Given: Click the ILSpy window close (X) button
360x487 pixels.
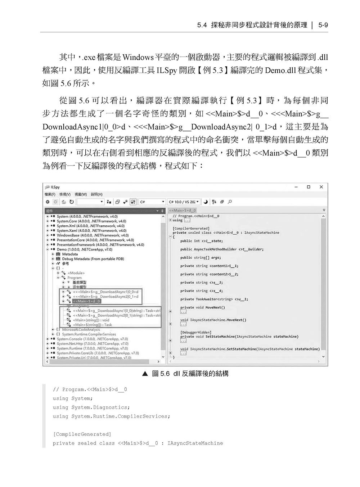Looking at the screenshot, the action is pyautogui.click(x=321, y=187).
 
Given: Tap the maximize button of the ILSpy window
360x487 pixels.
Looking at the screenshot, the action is pyautogui.click(x=309, y=187).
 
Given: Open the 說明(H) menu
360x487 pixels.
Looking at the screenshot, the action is pyautogui.click(x=96, y=194).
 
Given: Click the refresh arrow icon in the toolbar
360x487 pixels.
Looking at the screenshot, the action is pyautogui.click(x=72, y=202).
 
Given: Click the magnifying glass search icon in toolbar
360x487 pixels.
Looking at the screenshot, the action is pyautogui.click(x=230, y=202).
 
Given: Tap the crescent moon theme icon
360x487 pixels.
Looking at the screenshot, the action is pyautogui.click(x=206, y=202).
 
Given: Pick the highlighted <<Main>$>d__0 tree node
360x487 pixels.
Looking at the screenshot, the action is pyautogui.click(x=86, y=301).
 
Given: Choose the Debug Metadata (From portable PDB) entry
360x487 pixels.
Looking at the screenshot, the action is pyautogui.click(x=93, y=259).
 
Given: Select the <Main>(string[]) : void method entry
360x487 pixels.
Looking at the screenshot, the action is pyautogui.click(x=91, y=320).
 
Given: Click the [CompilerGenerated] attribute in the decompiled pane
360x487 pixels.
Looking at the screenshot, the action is pyautogui.click(x=191, y=228).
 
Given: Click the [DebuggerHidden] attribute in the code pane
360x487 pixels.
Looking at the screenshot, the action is pyautogui.click(x=195, y=332).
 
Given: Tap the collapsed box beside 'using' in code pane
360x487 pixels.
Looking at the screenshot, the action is pyautogui.click(x=187, y=220).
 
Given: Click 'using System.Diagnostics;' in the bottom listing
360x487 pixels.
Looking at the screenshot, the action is pyautogui.click(x=91, y=407).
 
